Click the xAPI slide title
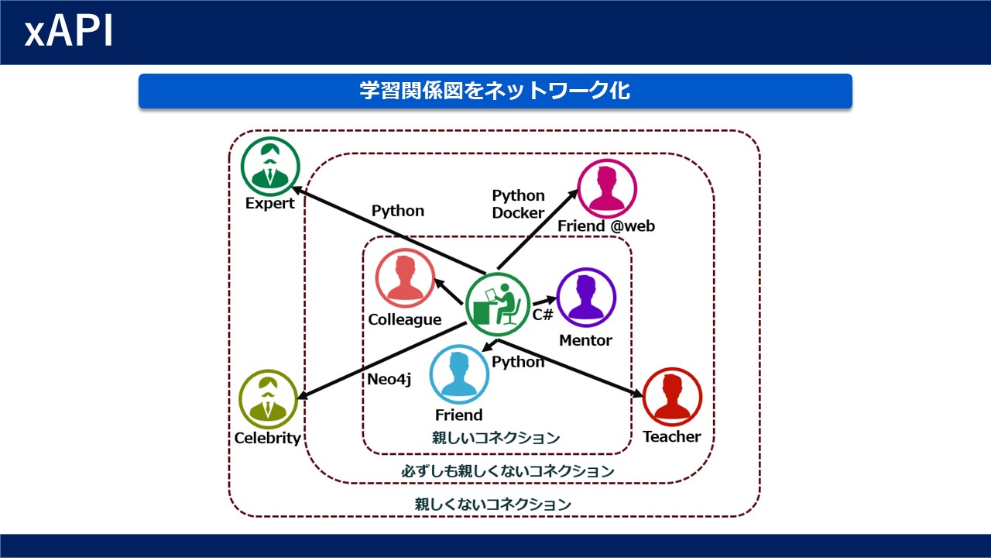69,31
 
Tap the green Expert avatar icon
270,167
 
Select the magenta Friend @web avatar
607,188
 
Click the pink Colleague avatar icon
405,278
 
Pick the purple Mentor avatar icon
586,298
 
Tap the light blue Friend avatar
459,374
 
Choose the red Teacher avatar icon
672,397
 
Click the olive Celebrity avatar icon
268,399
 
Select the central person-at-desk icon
498,305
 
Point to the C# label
543,315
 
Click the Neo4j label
389,380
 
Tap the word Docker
518,213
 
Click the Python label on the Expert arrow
398,212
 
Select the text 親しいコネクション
496,438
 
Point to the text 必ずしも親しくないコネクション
508,470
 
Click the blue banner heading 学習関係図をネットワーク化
495,91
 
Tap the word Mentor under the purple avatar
586,340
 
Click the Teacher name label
671,436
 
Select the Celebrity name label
268,439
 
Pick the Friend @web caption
606,226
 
